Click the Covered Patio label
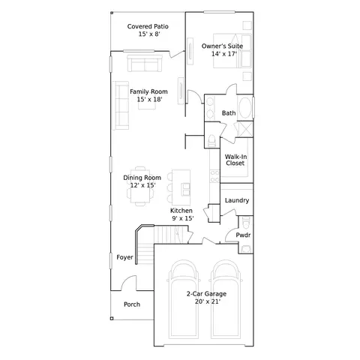coord(148,26)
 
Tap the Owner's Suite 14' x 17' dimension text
coord(224,54)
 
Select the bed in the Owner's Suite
coord(232,51)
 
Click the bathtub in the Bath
coord(245,107)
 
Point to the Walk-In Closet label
coord(235,160)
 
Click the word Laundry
coord(237,200)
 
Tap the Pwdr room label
coord(243,235)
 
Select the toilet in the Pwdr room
coord(246,223)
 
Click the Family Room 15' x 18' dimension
coord(149,100)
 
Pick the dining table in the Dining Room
coord(140,186)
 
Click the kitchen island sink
coord(186,189)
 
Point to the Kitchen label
coord(181,211)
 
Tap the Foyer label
coord(124,257)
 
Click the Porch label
coord(132,304)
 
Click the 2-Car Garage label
coord(206,294)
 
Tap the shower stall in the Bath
coord(244,129)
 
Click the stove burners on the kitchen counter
coord(214,176)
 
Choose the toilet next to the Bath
coord(211,140)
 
